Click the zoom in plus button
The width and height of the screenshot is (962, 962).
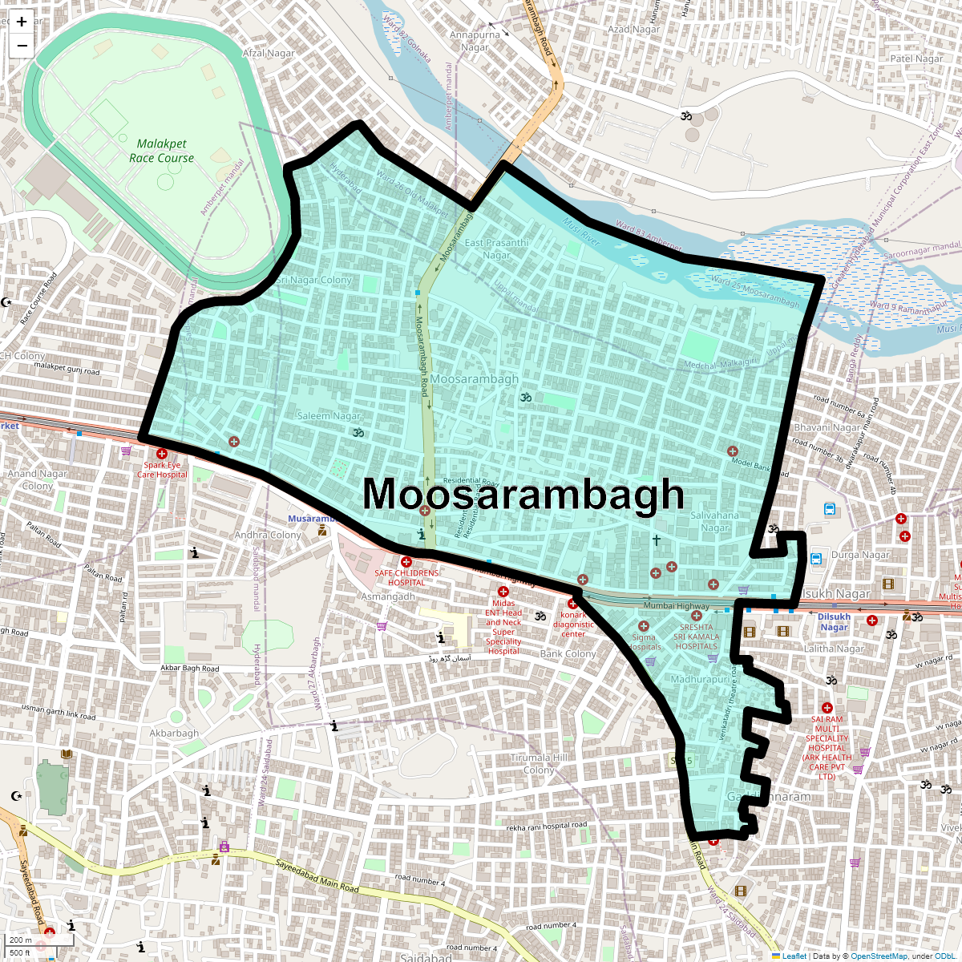pos(22,22)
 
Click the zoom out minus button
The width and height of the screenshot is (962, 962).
pos(22,46)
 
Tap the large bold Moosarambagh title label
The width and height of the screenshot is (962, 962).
pos(523,494)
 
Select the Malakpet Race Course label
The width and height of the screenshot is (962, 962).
pos(161,151)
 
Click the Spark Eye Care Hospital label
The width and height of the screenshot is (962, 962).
pos(162,470)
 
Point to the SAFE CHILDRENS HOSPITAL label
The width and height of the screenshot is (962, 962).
pos(406,578)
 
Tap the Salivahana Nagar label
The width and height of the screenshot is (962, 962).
pos(714,521)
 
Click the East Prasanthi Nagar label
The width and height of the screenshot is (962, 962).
pos(497,249)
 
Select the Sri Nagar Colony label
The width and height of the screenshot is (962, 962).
pos(313,280)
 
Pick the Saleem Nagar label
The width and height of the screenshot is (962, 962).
pos(329,416)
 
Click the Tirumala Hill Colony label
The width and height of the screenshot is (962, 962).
pos(539,763)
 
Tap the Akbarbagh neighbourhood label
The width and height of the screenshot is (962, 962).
pos(174,733)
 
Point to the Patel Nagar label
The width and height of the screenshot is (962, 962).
pos(916,59)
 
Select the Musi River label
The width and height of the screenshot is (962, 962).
pos(582,232)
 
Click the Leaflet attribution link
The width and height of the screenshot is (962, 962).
pos(794,956)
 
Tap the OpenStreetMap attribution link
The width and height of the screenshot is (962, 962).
pos(879,956)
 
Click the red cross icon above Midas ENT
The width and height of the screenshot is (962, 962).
pos(503,592)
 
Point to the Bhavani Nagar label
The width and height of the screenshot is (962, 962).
pos(827,427)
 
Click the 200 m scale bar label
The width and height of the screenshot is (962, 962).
pos(21,940)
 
